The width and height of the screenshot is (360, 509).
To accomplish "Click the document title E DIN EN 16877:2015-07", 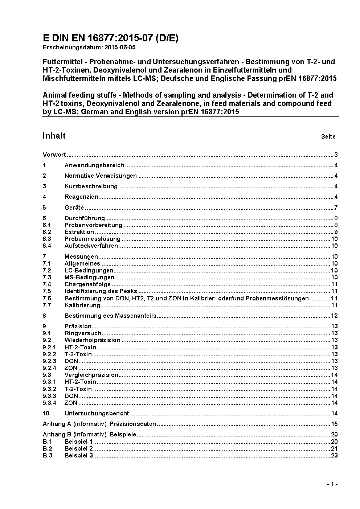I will [110, 38].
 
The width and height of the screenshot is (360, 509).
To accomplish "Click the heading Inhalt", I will [54, 136].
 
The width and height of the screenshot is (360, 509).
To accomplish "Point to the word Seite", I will [328, 137].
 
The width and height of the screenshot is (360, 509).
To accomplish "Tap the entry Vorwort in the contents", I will [54, 155].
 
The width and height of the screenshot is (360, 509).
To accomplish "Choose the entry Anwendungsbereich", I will [94, 165].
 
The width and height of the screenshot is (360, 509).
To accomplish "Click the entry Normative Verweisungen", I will [101, 176].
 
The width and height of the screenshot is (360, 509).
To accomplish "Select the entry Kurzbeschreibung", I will [91, 186].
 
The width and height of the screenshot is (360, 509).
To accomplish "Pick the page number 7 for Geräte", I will [336, 208].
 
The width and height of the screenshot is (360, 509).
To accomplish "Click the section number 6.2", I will [47, 232].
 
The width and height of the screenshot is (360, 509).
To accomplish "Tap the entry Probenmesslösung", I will [92, 239].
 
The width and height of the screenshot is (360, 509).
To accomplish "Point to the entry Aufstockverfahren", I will [91, 246].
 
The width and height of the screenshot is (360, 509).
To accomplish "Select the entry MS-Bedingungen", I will [89, 278].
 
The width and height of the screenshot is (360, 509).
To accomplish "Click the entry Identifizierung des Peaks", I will [101, 291].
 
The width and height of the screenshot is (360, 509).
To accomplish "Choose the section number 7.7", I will [47, 305].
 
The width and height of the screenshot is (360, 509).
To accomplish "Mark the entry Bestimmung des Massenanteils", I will [110, 316].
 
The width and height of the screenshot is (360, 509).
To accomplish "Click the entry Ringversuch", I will [83, 333].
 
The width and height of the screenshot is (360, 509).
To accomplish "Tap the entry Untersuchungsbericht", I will [97, 413].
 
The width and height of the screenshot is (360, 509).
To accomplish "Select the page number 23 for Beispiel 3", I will [334, 456].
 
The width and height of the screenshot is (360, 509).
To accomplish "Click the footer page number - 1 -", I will [332, 484].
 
